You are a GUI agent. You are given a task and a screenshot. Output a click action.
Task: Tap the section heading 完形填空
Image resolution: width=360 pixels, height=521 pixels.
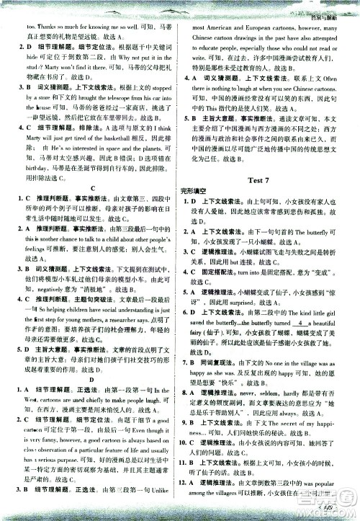pyautogui.click(x=196, y=190)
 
